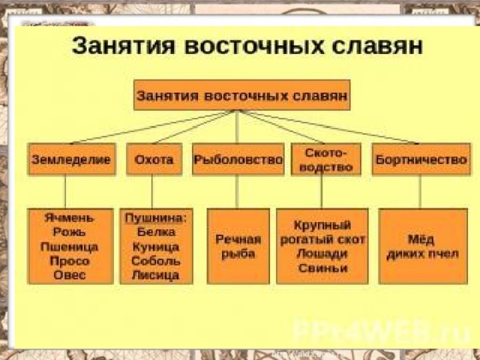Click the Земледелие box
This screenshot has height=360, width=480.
tap(72, 159)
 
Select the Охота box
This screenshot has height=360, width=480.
tap(154, 159)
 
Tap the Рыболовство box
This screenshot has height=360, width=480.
tap(238, 159)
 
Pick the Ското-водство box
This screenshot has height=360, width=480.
tap(325, 159)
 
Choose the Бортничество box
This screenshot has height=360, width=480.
tap(421, 159)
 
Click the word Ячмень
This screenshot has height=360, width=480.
tap(70, 217)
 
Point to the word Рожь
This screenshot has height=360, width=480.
tap(69, 232)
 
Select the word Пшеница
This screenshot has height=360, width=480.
tap(69, 247)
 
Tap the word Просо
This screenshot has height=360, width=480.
tap(70, 261)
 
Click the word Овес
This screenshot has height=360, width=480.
tap(70, 275)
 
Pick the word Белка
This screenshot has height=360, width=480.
tap(156, 232)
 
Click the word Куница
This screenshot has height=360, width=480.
tap(156, 247)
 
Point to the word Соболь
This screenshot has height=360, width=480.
tap(156, 261)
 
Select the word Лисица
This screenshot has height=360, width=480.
tap(155, 275)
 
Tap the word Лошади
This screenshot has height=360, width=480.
tap(322, 253)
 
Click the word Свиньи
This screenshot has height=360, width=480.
tap(322, 268)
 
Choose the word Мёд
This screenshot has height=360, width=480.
tap(421, 239)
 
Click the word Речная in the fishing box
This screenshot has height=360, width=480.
tap(238, 239)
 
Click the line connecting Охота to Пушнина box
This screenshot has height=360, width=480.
tap(152, 192)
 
